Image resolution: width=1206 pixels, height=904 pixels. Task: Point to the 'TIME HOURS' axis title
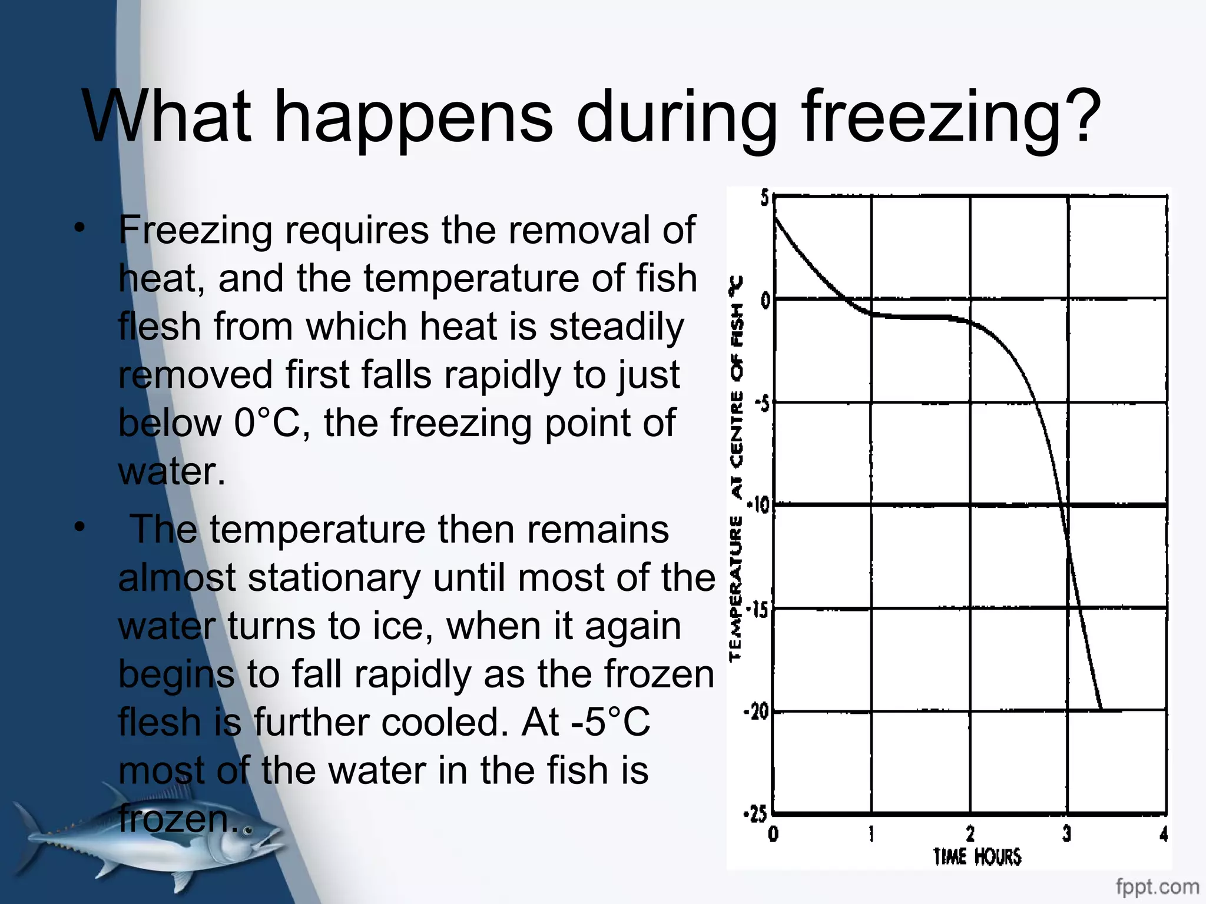pos(977,856)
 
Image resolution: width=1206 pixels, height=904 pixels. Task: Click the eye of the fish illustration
pos(248,831)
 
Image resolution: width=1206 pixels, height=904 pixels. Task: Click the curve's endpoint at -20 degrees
pos(1101,709)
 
